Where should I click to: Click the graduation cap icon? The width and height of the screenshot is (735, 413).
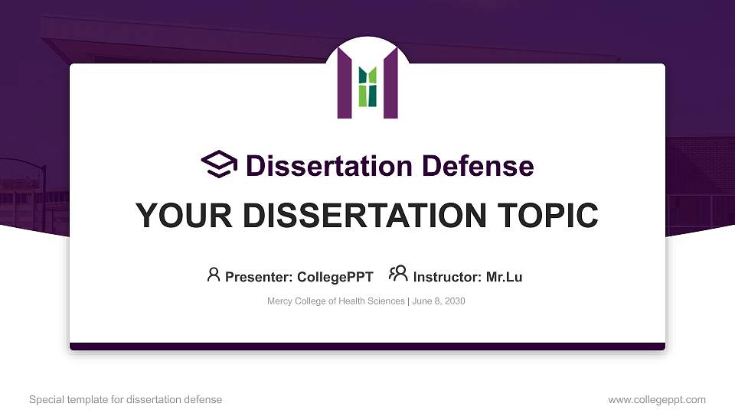220,164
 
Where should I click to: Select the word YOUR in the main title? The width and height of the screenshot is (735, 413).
181,216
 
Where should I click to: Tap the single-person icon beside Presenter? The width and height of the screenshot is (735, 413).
214,275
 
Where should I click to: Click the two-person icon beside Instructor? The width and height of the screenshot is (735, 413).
398,275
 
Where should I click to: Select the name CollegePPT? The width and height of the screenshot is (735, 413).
334,277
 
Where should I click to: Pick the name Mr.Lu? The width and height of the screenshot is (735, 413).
505,277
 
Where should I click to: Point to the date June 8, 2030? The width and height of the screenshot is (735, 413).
439,301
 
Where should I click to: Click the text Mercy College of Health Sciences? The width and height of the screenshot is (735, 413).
335,301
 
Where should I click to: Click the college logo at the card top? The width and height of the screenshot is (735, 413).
367,83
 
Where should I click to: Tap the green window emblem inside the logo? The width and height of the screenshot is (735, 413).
367,86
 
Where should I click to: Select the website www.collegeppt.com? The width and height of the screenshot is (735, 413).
657,399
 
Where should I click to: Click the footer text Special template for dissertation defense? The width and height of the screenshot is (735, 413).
126,399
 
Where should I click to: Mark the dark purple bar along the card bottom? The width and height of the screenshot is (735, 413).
367,346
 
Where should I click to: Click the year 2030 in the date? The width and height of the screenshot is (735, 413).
453,301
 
